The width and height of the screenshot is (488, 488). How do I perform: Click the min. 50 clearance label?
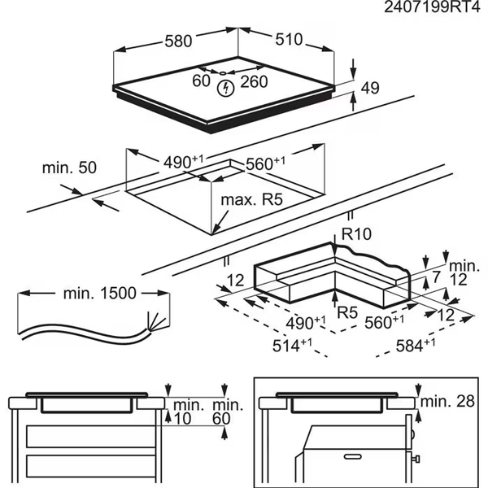click(x=69, y=168)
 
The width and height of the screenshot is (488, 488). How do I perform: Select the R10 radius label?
click(x=355, y=234)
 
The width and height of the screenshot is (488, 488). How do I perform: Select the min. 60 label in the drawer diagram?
click(x=227, y=411)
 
